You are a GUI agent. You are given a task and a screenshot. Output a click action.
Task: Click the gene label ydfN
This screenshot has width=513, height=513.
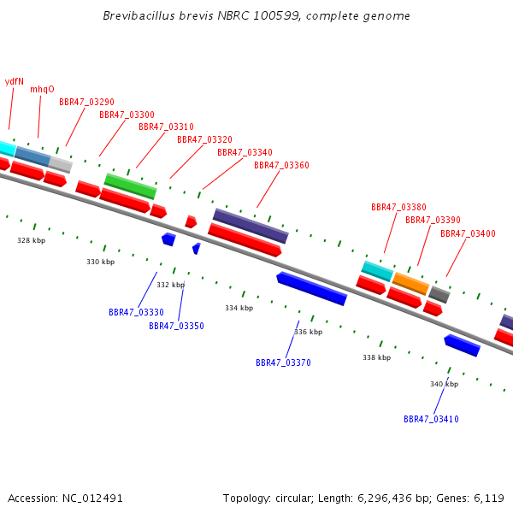pyautogui.click(x=15, y=81)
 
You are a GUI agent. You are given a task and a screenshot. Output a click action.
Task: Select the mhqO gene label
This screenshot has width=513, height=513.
pyautogui.click(x=42, y=89)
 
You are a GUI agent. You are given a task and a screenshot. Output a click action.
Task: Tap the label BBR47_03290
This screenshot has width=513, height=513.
pyautogui.click(x=86, y=102)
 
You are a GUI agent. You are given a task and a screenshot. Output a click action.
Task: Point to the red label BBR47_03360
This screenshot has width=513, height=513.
pyautogui.click(x=281, y=165)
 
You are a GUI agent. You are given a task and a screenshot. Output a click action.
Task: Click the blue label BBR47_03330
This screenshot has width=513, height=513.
pyautogui.click(x=136, y=312)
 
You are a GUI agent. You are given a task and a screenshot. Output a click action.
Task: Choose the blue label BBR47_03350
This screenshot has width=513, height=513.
pyautogui.click(x=176, y=326)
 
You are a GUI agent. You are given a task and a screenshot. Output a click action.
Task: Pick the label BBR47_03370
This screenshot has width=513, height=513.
pyautogui.click(x=283, y=363)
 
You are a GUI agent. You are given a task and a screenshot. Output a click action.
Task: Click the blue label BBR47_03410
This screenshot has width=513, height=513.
pyautogui.click(x=431, y=419)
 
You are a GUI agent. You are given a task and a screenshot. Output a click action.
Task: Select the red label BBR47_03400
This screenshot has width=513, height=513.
pyautogui.click(x=468, y=233)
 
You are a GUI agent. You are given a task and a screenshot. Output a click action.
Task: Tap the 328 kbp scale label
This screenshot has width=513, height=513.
pyautogui.click(x=32, y=240)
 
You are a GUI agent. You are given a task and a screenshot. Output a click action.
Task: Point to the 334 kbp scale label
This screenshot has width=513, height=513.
pyautogui.click(x=239, y=308)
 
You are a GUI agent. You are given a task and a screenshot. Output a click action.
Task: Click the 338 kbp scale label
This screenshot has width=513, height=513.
pyautogui.click(x=376, y=357)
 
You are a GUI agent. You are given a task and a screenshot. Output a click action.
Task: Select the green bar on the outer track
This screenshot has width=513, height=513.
pyautogui.click(x=131, y=186)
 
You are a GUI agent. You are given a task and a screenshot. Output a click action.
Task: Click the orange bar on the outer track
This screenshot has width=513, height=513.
pyautogui.click(x=410, y=284)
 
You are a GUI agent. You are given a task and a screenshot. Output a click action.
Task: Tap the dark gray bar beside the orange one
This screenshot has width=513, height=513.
pyautogui.click(x=439, y=294)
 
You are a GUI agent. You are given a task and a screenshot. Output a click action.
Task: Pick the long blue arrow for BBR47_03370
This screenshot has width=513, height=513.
pyautogui.click(x=312, y=289)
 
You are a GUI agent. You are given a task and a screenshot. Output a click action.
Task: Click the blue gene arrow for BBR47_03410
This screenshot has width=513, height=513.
pyautogui.click(x=462, y=345)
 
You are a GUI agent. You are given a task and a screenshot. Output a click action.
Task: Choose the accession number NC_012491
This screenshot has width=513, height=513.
pyautogui.click(x=92, y=498)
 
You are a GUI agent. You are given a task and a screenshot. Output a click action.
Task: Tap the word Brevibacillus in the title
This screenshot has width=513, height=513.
pyautogui.click(x=139, y=15)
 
